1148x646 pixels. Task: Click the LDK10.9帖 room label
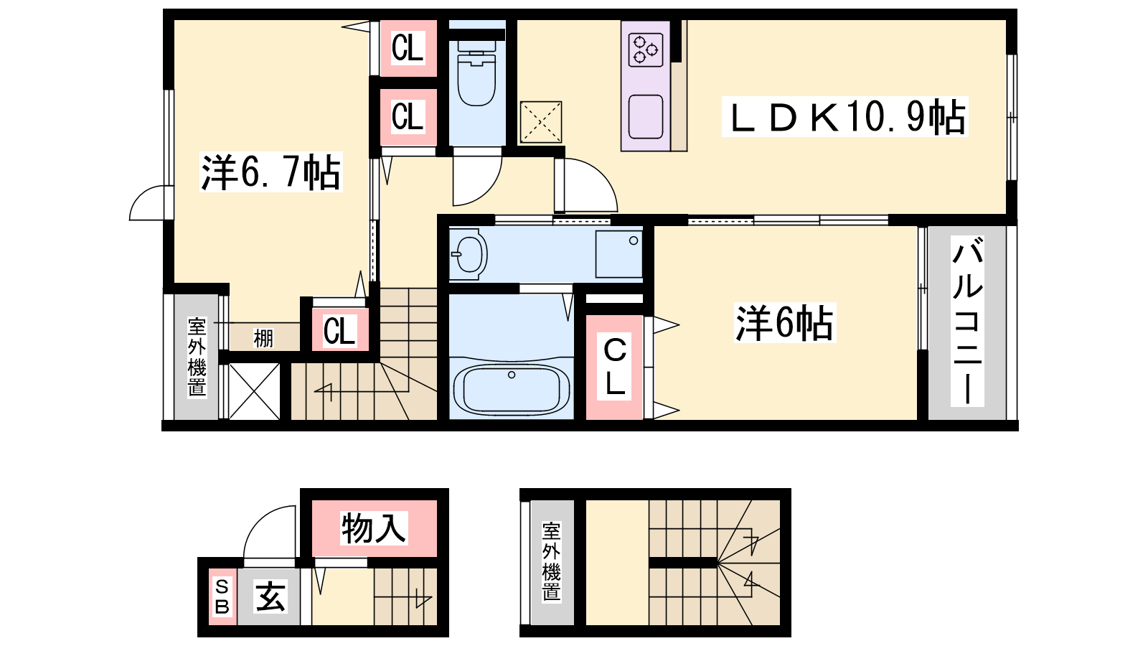[845, 117]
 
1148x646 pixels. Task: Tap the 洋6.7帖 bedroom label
[270, 172]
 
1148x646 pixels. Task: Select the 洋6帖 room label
[784, 323]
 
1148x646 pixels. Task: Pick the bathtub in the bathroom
[512, 388]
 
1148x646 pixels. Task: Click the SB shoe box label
[222, 597]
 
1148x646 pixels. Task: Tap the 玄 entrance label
[270, 596]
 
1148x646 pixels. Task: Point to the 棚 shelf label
[263, 337]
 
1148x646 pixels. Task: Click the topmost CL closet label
[408, 49]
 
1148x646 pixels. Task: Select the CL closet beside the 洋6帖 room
[615, 367]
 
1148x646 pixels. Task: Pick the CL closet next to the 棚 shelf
[339, 331]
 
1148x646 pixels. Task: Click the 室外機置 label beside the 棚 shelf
[197, 357]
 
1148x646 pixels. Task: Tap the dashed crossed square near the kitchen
[540, 122]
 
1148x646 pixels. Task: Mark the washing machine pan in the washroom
[619, 253]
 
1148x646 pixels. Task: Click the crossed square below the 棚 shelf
[255, 391]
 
